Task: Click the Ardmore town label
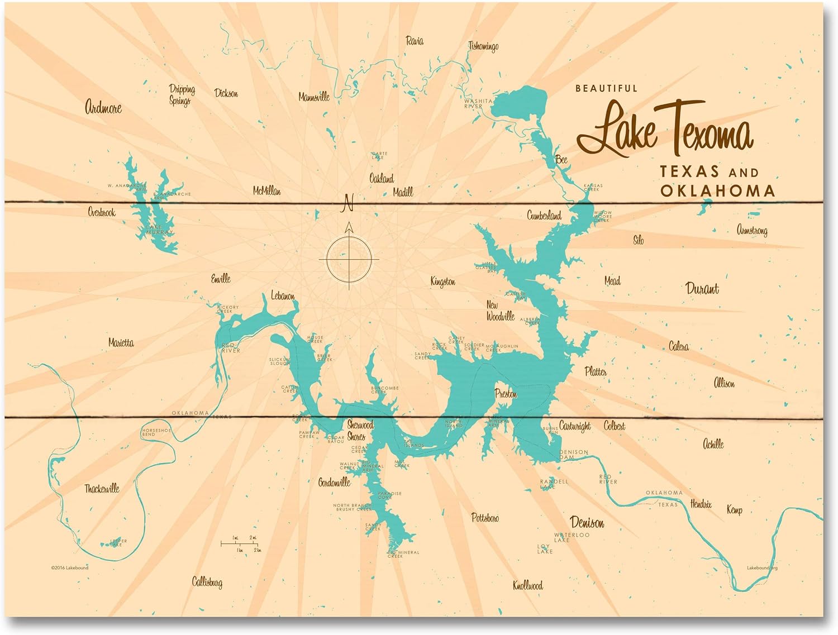pos(103,107)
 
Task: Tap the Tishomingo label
pos(483,46)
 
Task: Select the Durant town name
pos(702,289)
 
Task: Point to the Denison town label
pos(587,523)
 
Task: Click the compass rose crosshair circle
pos(349,260)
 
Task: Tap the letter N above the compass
pos(348,203)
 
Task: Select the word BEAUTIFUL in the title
pos(606,88)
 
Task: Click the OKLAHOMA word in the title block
pos(718,191)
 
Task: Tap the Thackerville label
pos(102,489)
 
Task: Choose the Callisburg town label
pos(207,583)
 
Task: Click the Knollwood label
pos(527,585)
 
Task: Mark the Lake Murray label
pos(160,230)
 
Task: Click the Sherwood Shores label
pos(359,431)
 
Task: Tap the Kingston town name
pos(442,281)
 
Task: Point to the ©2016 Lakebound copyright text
pos(69,567)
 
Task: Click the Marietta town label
pos(121,343)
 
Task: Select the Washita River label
pos(478,103)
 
